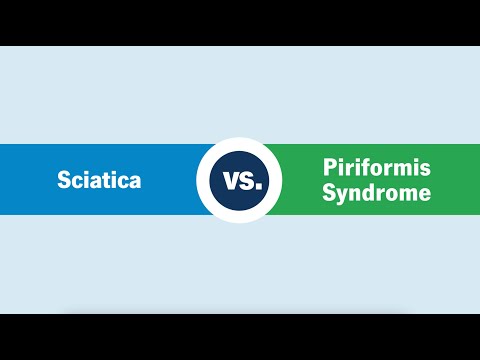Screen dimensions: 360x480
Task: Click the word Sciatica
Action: click(99, 181)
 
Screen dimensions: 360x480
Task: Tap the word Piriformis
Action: click(377, 169)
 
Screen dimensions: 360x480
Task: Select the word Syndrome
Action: click(377, 192)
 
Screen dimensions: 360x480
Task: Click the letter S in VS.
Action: click(247, 182)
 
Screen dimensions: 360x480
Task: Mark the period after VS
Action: click(258, 187)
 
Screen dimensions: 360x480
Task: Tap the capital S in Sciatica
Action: click(63, 181)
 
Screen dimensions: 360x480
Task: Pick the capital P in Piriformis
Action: click(329, 169)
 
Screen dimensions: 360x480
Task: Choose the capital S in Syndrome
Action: click(329, 192)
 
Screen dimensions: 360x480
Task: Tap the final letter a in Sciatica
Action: click(134, 182)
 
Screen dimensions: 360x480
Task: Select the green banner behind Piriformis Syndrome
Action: click(455, 180)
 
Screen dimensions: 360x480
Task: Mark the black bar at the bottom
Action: click(240, 337)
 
